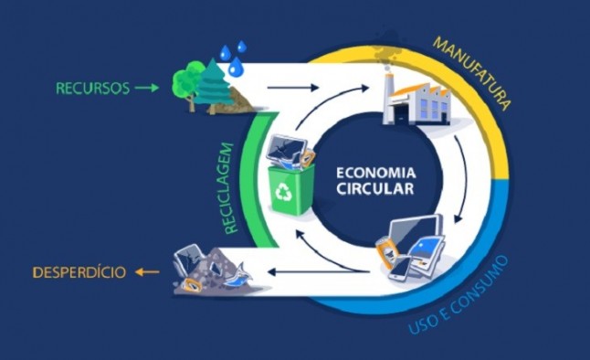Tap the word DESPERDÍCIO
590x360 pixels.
(x=78, y=272)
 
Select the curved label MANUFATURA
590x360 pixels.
(x=473, y=69)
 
